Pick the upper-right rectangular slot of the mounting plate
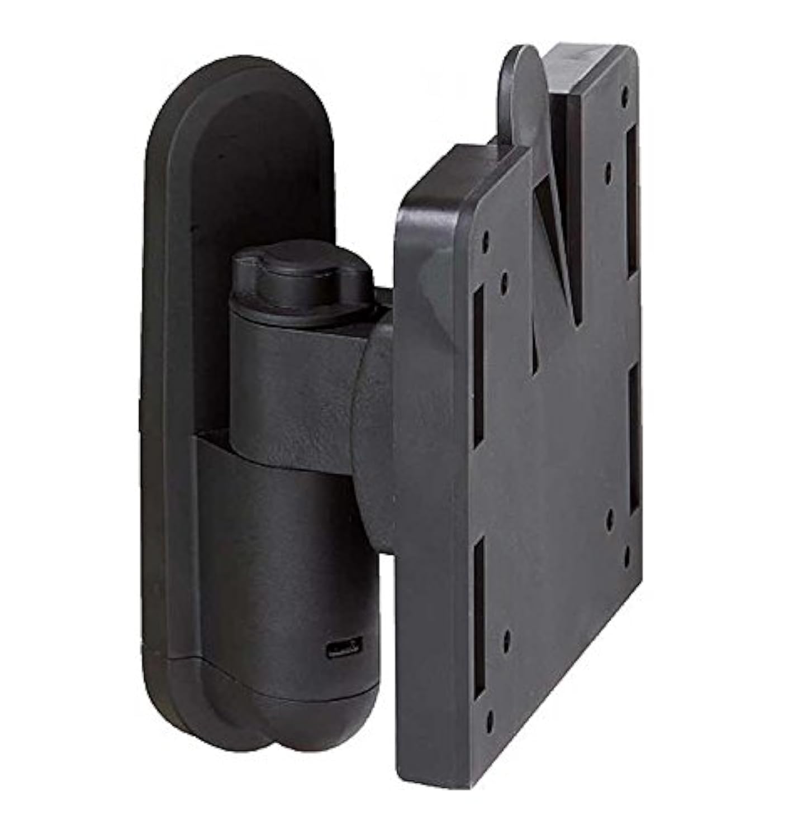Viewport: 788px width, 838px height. pos(633,201)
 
